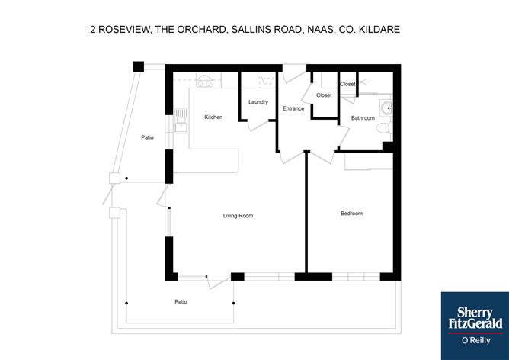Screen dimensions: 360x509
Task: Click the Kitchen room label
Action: [213, 117]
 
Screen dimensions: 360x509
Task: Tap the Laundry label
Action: [258, 102]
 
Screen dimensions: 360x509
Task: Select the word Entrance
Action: [293, 108]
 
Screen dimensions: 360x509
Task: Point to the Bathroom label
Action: [363, 117]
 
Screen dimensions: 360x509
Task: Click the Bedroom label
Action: [351, 214]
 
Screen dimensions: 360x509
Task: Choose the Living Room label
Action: [238, 216]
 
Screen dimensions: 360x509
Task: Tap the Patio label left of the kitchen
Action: [147, 138]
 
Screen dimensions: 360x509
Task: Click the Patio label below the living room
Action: [181, 302]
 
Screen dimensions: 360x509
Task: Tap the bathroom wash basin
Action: [387, 108]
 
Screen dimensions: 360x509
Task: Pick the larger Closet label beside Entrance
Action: [324, 95]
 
